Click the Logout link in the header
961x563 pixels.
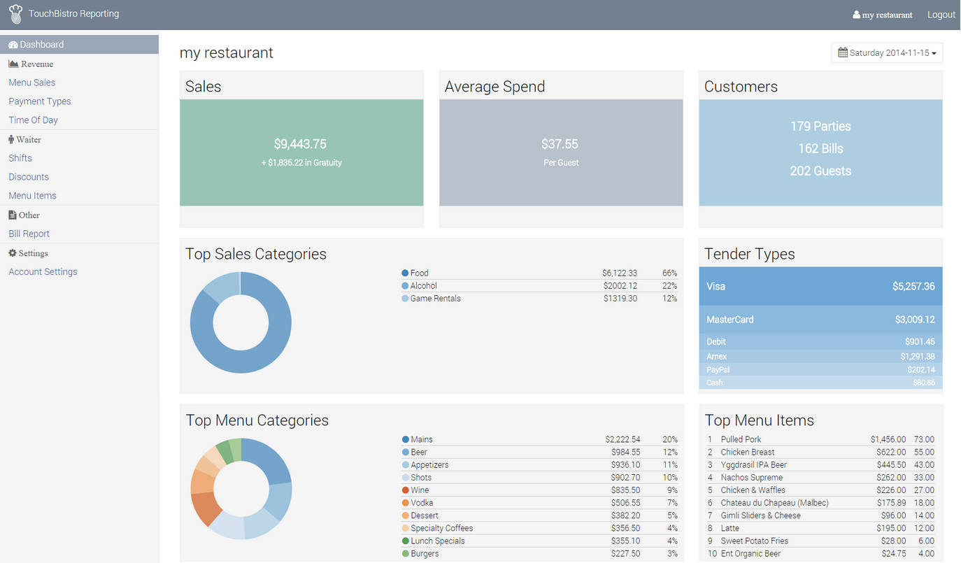click(941, 15)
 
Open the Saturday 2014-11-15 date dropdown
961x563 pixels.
click(887, 53)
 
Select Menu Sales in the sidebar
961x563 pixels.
click(32, 83)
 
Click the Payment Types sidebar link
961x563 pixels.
click(40, 101)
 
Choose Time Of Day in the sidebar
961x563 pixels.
click(34, 120)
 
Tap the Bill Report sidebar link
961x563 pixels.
click(29, 234)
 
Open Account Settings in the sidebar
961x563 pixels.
click(43, 272)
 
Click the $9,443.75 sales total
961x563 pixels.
click(300, 144)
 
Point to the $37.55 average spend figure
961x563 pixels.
click(560, 144)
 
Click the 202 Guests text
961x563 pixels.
click(820, 171)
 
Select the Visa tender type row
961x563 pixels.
click(820, 286)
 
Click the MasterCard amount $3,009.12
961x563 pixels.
click(914, 320)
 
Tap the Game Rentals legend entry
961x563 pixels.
click(435, 299)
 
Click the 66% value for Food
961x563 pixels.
click(669, 273)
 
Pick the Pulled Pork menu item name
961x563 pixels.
click(741, 440)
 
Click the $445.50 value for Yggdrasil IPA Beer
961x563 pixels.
click(891, 465)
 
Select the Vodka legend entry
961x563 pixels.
click(422, 503)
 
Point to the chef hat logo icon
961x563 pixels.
click(15, 14)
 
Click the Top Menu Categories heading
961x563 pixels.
click(257, 420)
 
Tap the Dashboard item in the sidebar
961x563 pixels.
click(41, 45)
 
